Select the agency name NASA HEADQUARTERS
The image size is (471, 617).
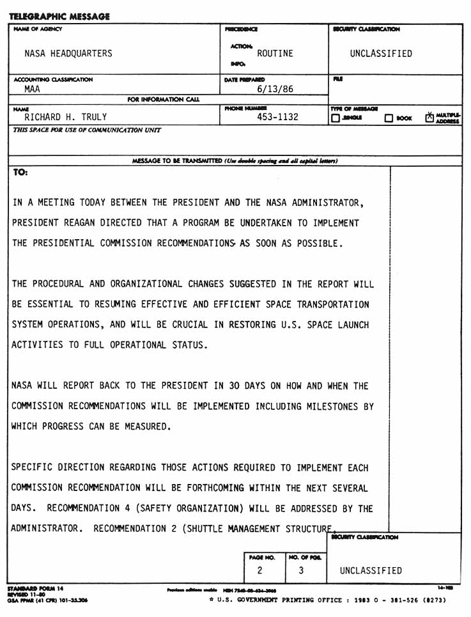(68, 54)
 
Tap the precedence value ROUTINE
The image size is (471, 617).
(275, 54)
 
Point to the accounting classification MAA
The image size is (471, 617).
(32, 90)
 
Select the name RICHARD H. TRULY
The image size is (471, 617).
(66, 118)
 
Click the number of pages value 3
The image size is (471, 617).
(301, 570)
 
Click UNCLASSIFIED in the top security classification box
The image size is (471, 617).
(382, 54)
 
